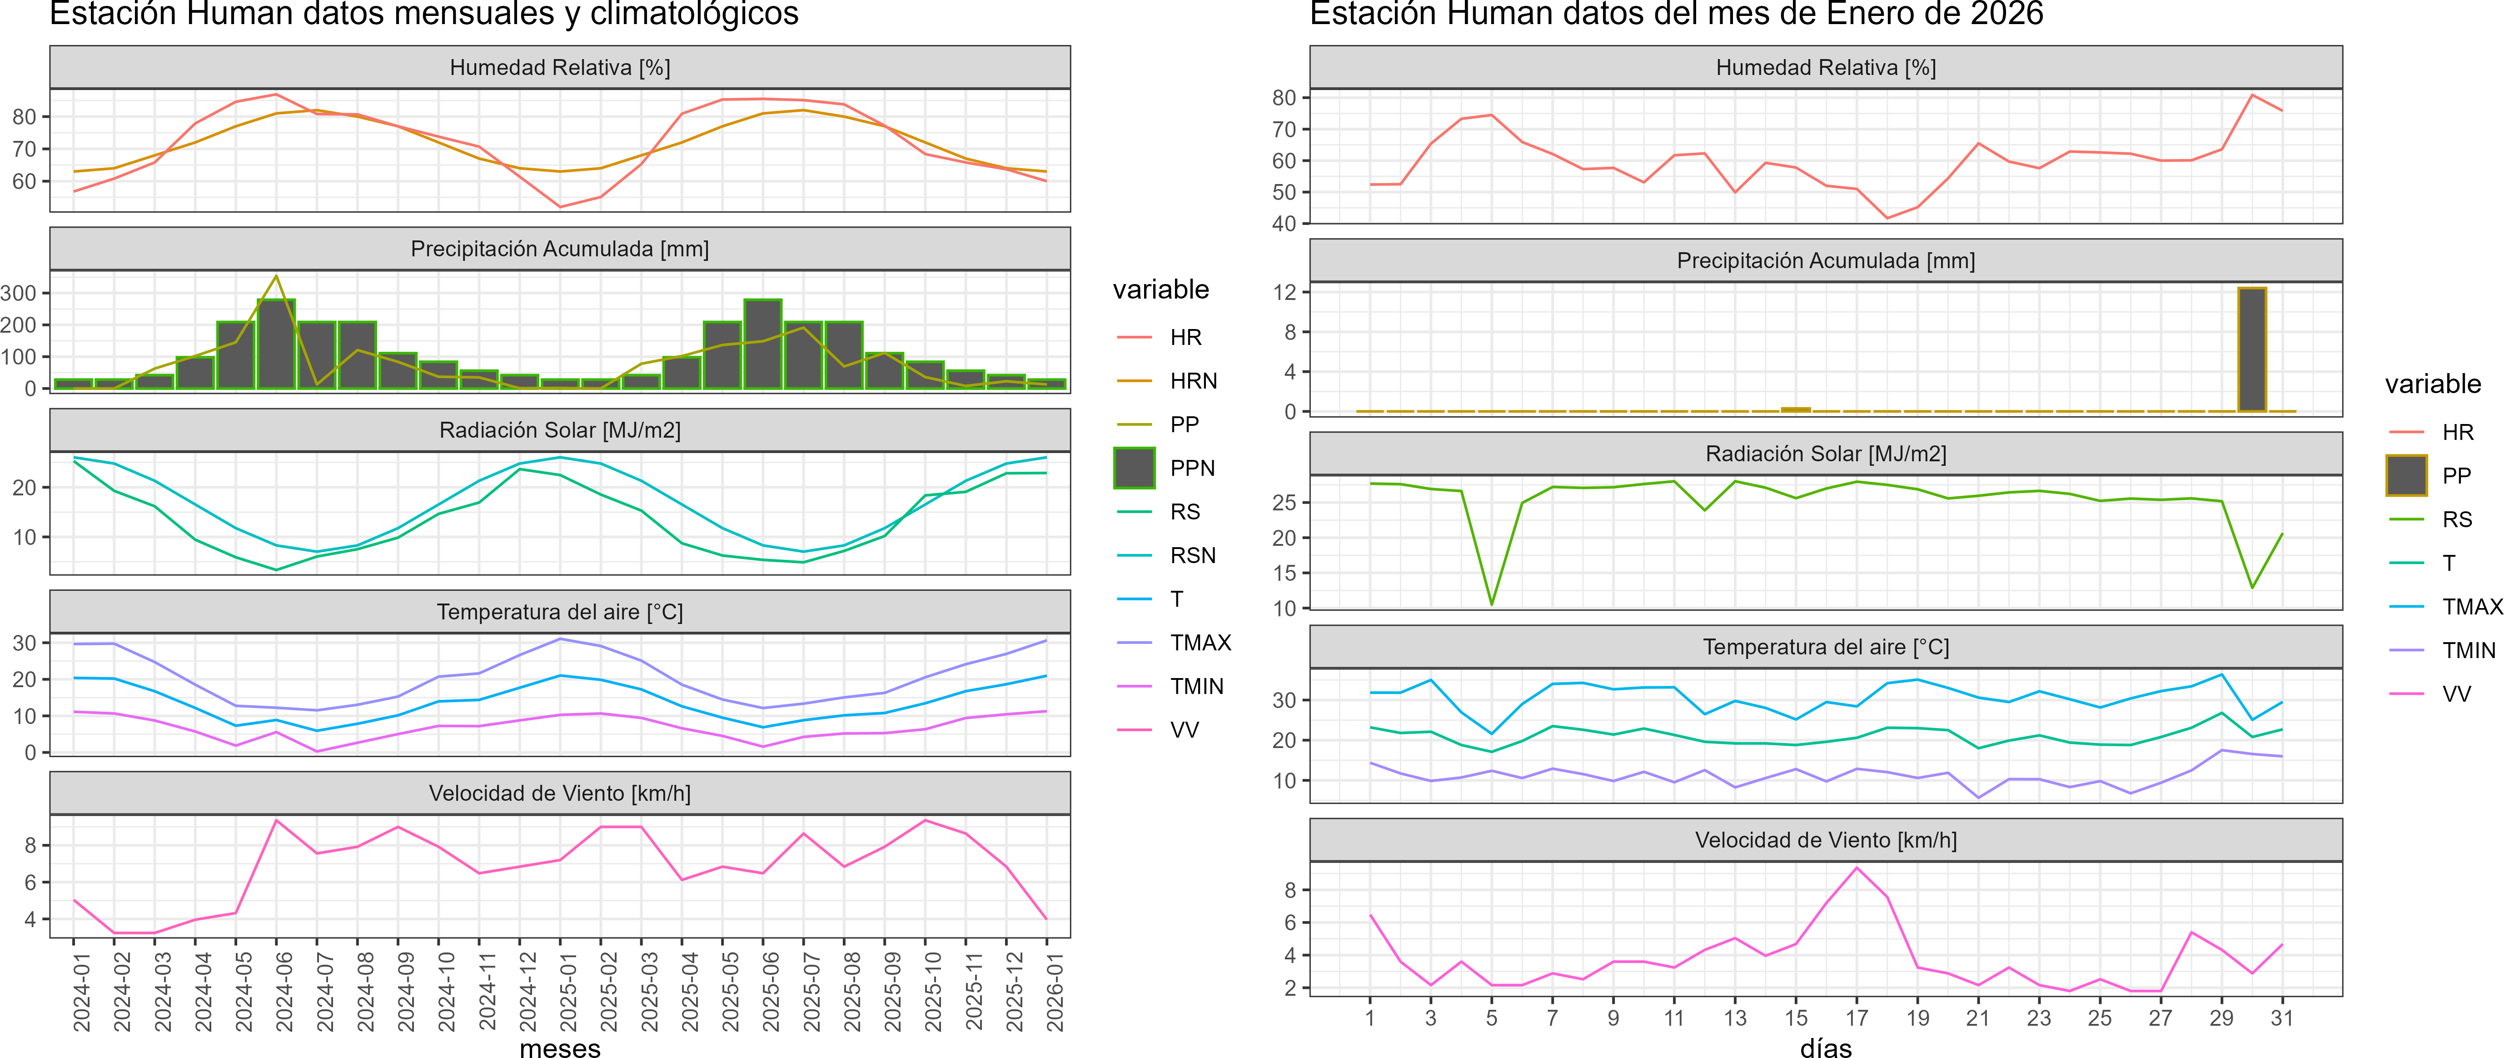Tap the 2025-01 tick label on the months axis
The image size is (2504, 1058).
point(569,992)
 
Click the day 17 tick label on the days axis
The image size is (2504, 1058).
point(1857,1018)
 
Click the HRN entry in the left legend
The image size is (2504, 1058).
point(1193,381)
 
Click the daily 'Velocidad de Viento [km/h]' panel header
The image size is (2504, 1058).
point(1826,840)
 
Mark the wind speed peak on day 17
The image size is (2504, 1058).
point(1857,868)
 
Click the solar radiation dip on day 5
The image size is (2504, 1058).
point(1492,604)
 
